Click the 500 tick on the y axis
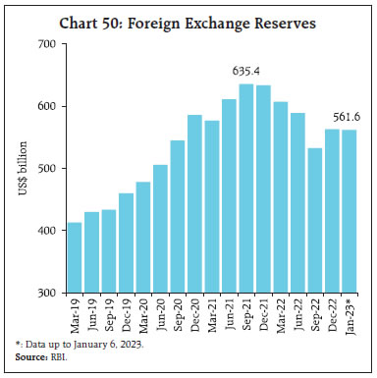point(44,169)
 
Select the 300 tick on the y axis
point(44,293)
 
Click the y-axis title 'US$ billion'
point(22,169)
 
